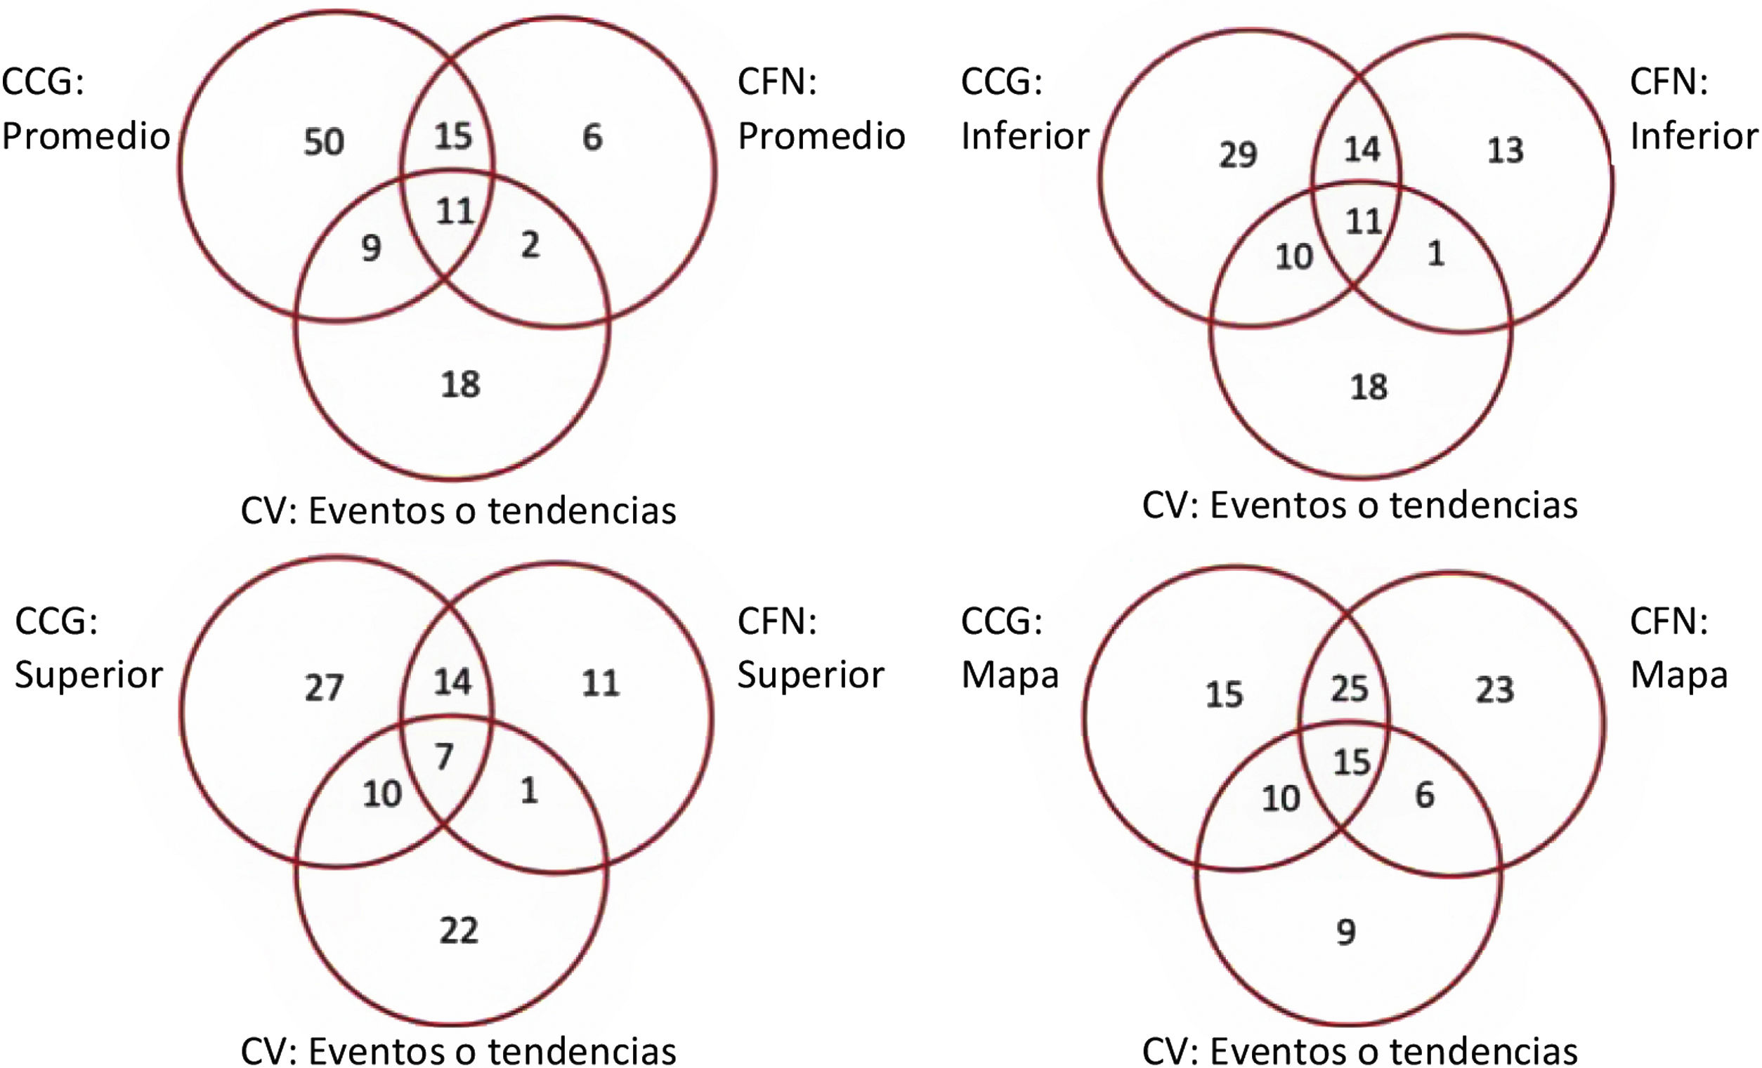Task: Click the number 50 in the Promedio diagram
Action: [324, 142]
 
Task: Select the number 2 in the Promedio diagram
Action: [530, 245]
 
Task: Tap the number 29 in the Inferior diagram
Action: [1238, 154]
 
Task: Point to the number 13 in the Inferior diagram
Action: [1506, 150]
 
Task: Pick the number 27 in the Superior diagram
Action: [324, 687]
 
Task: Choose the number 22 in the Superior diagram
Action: [458, 931]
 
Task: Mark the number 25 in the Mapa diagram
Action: [1350, 688]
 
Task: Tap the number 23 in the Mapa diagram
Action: [1494, 690]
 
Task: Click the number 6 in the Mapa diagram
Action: [1425, 795]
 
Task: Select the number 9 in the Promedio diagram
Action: [371, 248]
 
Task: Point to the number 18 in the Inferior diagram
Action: [1369, 387]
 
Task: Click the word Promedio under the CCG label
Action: [86, 136]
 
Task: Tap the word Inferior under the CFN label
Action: [1693, 136]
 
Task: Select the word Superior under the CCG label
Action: [89, 674]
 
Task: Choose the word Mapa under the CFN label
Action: [1678, 674]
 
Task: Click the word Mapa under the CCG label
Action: [1010, 674]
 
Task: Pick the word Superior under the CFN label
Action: [811, 674]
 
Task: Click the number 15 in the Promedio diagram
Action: [453, 136]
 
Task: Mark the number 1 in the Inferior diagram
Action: [1436, 253]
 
